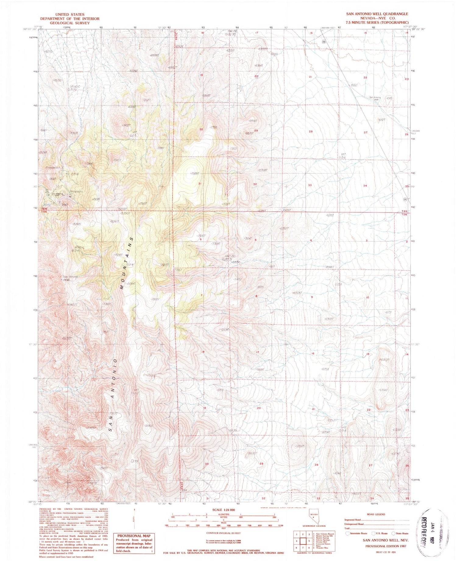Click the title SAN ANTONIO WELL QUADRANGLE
click(x=377, y=14)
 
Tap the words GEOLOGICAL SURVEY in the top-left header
click(x=70, y=23)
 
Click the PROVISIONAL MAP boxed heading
click(x=134, y=536)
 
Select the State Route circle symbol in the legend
click(x=394, y=533)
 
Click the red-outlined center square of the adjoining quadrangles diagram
click(x=303, y=541)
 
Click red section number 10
click(x=367, y=297)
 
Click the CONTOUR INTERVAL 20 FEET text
click(x=223, y=533)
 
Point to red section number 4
click(x=311, y=240)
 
